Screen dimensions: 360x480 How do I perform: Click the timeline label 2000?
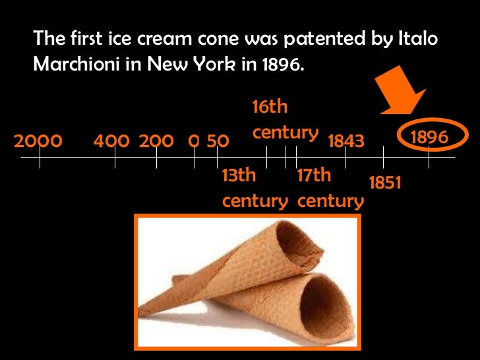click(38, 141)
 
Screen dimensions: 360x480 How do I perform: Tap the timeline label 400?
click(111, 141)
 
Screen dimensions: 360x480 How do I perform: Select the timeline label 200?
click(156, 141)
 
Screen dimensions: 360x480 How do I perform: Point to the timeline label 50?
click(218, 141)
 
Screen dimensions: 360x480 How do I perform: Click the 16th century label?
click(285, 119)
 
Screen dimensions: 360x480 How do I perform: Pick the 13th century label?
click(255, 189)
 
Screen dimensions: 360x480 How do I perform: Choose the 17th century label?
click(330, 189)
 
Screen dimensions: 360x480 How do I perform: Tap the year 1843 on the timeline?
click(345, 141)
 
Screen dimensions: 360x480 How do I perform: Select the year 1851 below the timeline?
click(385, 183)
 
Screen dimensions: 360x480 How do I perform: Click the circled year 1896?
click(429, 137)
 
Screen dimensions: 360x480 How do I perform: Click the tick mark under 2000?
click(40, 158)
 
